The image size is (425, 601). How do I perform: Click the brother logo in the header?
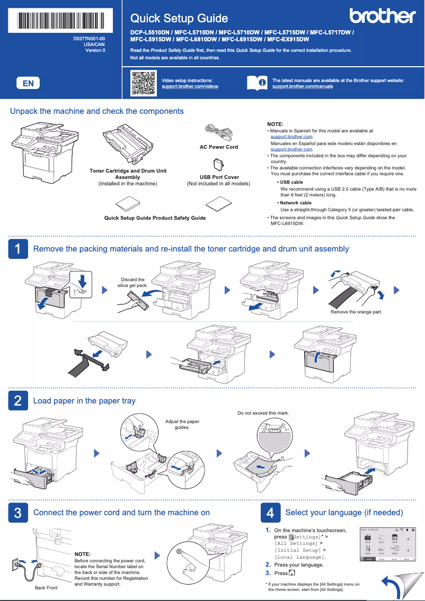pyautogui.click(x=382, y=16)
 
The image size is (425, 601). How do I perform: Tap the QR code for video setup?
pyautogui.click(x=143, y=83)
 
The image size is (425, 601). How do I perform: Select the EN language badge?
pyautogui.click(x=28, y=83)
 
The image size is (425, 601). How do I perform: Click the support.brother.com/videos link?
pyautogui.click(x=190, y=86)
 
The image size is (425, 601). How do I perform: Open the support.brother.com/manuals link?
pyautogui.click(x=303, y=86)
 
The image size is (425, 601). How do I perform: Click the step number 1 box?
pyautogui.click(x=18, y=249)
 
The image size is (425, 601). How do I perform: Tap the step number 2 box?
pyautogui.click(x=18, y=401)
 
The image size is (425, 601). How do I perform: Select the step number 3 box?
pyautogui.click(x=18, y=513)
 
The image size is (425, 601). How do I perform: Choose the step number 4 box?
pyautogui.click(x=270, y=513)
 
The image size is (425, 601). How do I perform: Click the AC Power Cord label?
pyautogui.click(x=218, y=147)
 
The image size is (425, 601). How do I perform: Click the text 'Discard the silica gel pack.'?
pyautogui.click(x=132, y=282)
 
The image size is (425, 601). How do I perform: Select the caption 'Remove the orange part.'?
pyautogui.click(x=356, y=312)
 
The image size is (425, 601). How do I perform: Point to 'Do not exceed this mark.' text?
pyautogui.click(x=263, y=413)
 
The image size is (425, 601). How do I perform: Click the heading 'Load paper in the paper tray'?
pyautogui.click(x=84, y=401)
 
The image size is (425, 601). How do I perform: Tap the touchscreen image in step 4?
pyautogui.click(x=387, y=544)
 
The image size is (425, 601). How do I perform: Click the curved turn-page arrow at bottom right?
pyautogui.click(x=393, y=587)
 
